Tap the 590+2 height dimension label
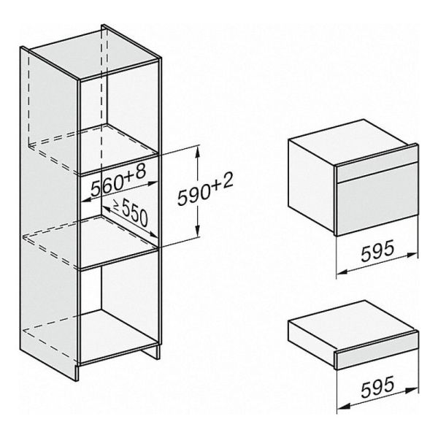click(205, 188)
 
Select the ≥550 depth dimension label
click(131, 212)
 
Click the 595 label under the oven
click(377, 250)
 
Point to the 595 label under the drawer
click(377, 386)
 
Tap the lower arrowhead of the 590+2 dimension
click(198, 231)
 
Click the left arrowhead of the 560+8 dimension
click(85, 199)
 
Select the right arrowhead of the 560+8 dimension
click(153, 183)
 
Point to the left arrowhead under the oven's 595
click(342, 271)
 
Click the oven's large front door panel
click(377, 206)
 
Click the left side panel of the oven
click(312, 185)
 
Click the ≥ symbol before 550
click(116, 205)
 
